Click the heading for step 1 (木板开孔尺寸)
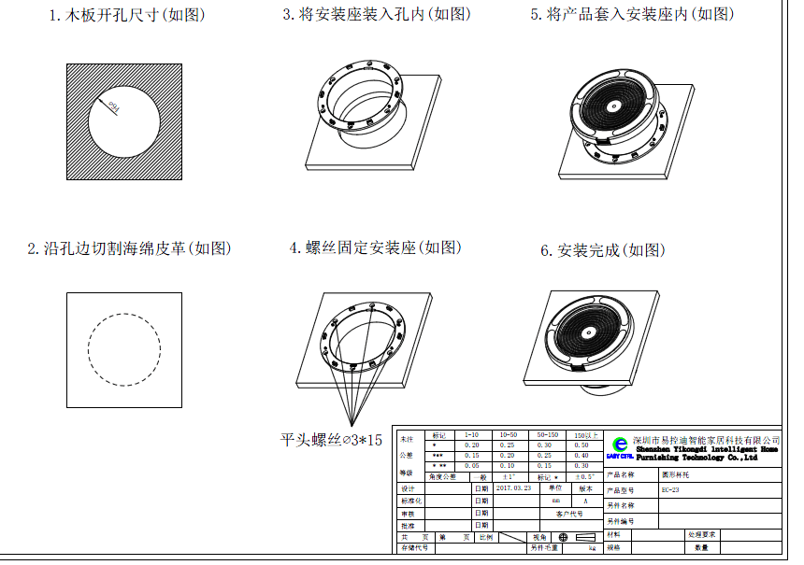coord(127,16)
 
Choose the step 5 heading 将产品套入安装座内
coord(632,15)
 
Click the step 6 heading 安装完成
coord(603,251)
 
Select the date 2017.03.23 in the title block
coord(515,487)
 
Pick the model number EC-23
coord(670,488)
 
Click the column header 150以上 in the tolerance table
coord(587,435)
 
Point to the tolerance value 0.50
coord(581,445)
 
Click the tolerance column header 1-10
coord(472,435)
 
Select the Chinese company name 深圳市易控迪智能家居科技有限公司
coord(707,439)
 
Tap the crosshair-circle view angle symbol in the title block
coord(563,537)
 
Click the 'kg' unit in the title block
coord(591,548)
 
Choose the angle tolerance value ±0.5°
coord(585,476)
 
